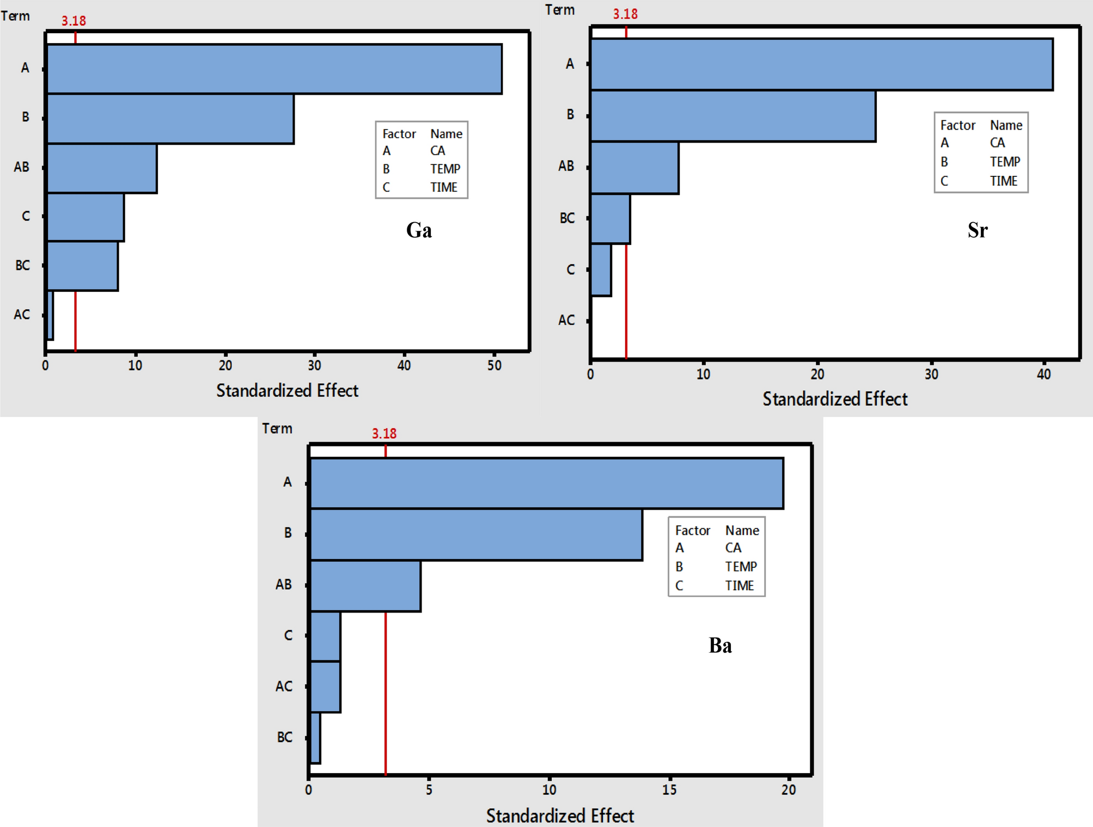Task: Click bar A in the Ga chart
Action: tap(274, 69)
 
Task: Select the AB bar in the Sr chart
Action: tap(634, 168)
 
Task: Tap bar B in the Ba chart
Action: tap(476, 535)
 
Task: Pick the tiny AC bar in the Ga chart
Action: tap(50, 315)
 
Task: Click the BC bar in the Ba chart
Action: tap(315, 738)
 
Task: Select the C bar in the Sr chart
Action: tap(601, 270)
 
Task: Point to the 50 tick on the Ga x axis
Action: tap(494, 365)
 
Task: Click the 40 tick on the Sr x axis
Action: tap(1043, 374)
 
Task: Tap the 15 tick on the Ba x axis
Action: tap(669, 789)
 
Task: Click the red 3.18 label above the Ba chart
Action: tap(384, 433)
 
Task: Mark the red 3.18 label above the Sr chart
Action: tap(625, 14)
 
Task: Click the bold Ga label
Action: tap(419, 230)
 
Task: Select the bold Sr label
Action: tap(978, 230)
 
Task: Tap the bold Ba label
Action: tap(720, 646)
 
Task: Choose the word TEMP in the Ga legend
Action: tap(445, 169)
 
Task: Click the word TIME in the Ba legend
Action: tap(739, 586)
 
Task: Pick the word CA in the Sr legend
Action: tap(997, 143)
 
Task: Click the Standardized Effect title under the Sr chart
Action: tap(835, 399)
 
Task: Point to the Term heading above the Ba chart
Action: tap(277, 428)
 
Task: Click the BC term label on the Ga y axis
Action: tap(22, 265)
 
